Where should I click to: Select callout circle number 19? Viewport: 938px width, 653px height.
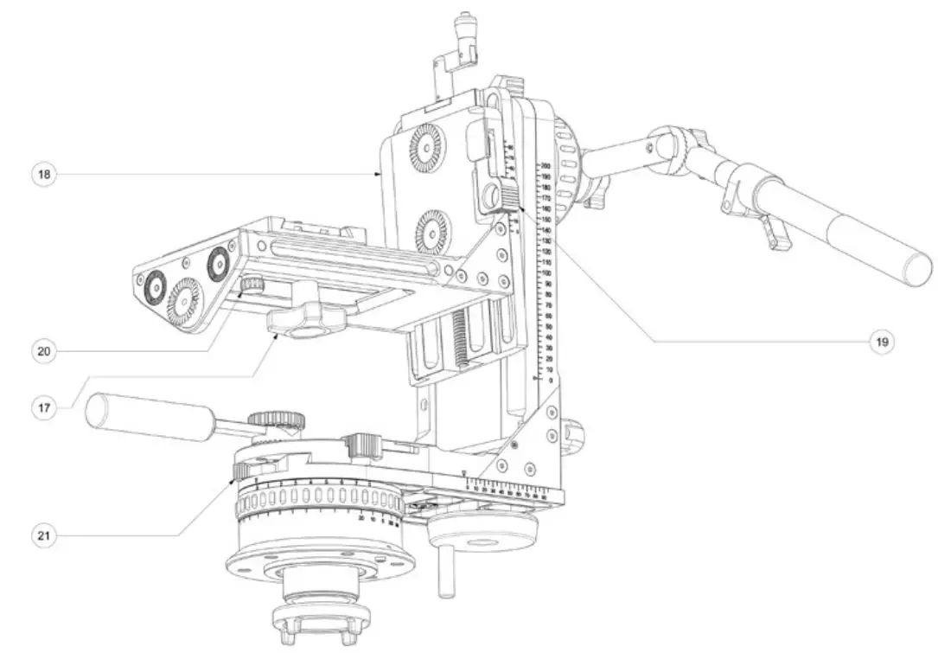click(880, 341)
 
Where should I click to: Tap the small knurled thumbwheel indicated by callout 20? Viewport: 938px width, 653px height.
click(252, 285)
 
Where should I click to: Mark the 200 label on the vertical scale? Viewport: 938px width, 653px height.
click(546, 165)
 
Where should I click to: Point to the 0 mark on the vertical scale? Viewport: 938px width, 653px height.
click(550, 381)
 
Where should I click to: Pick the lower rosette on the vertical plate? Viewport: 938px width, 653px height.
click(431, 232)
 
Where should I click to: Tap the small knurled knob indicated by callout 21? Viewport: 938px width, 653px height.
click(243, 470)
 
